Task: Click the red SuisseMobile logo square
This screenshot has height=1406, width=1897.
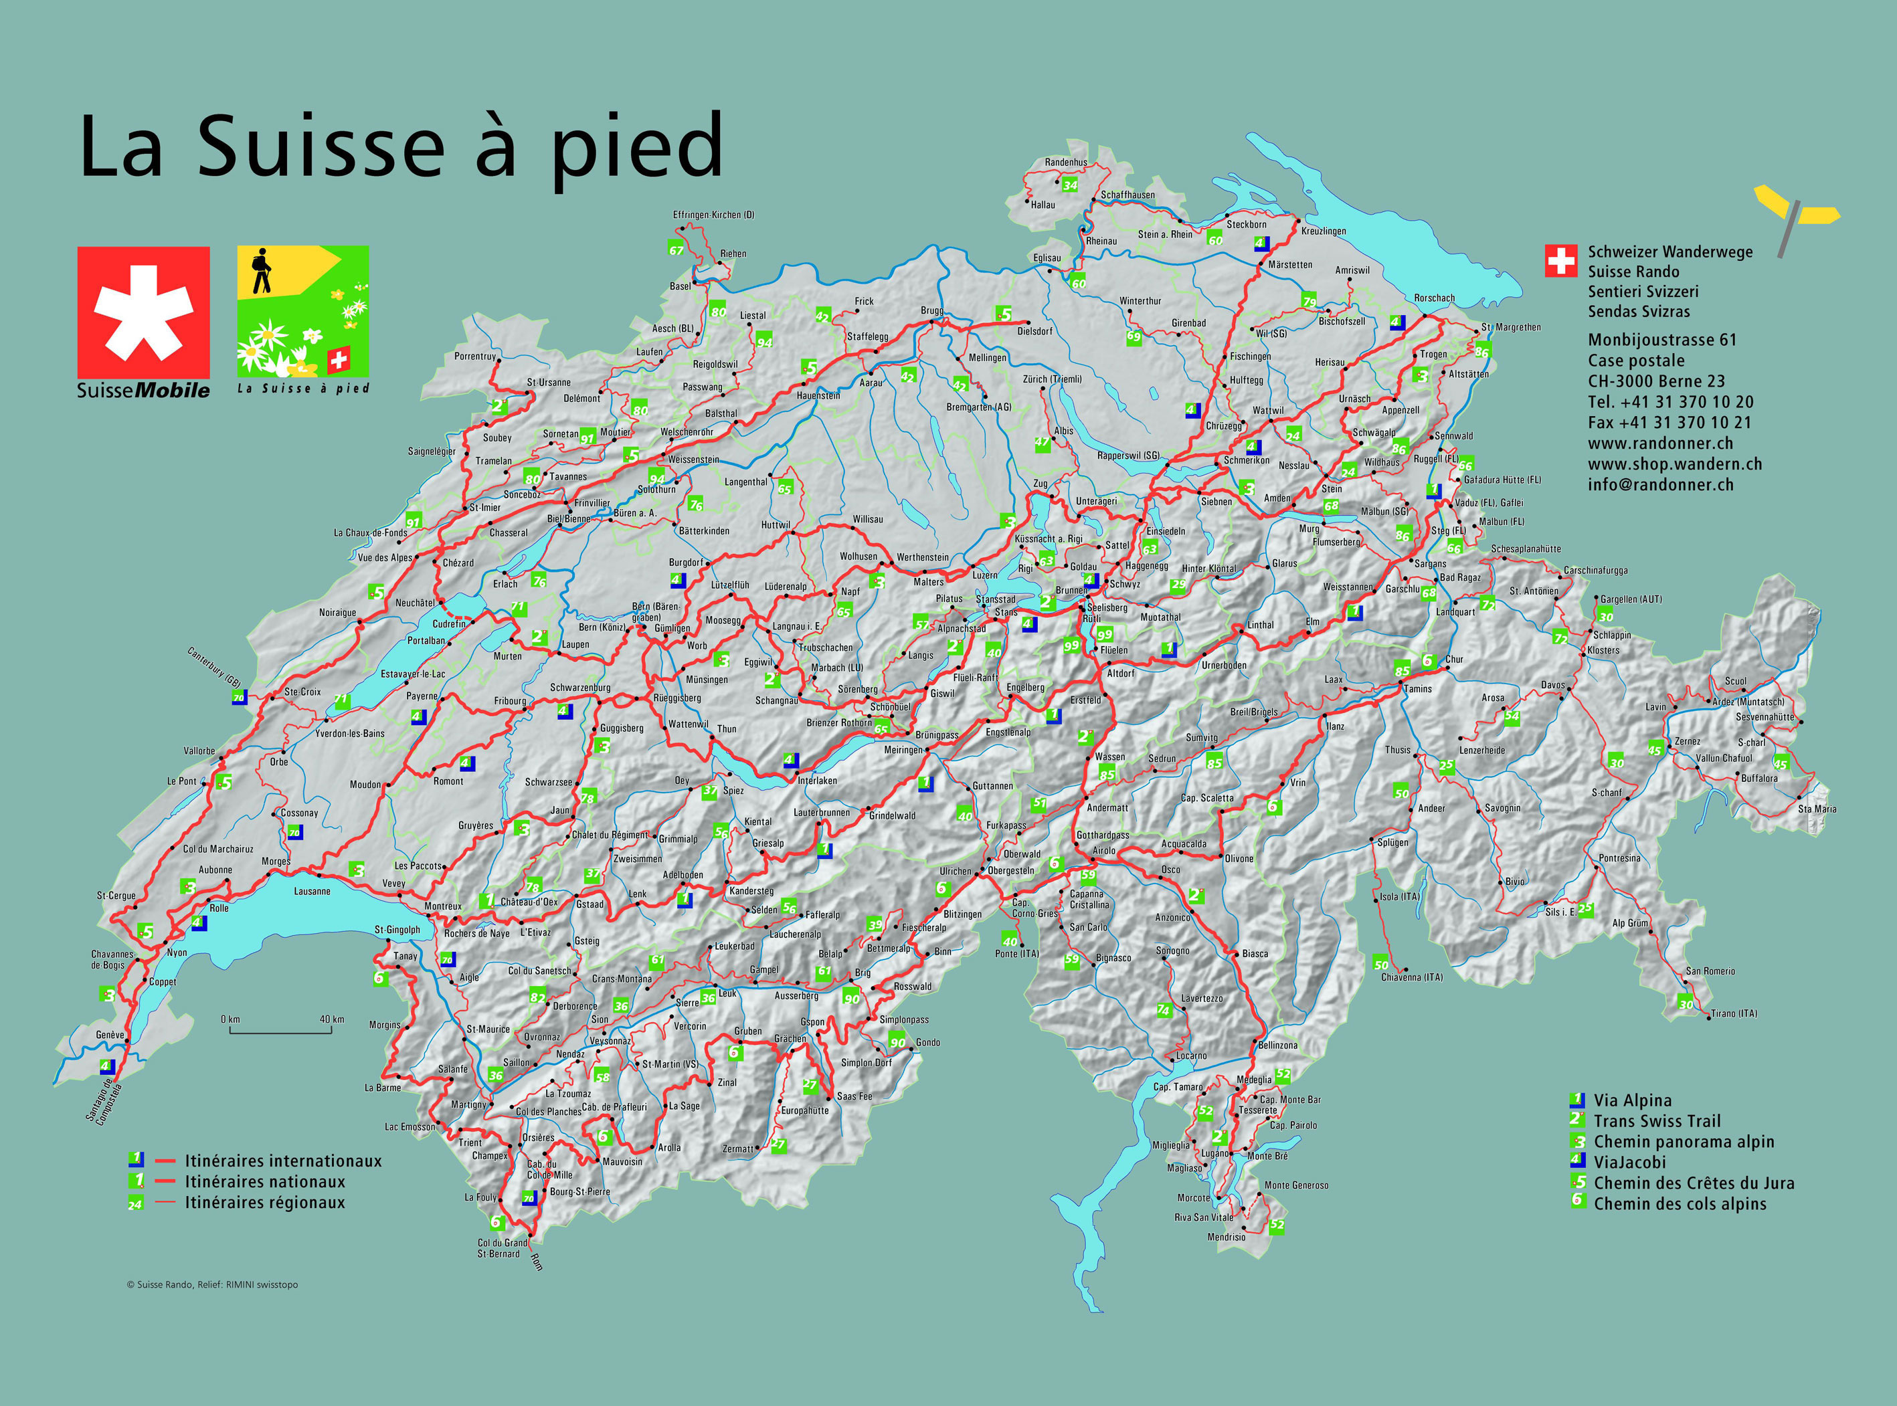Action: pyautogui.click(x=143, y=312)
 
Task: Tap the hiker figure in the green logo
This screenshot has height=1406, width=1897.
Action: pyautogui.click(x=260, y=271)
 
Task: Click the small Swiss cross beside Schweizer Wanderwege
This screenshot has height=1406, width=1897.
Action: pyautogui.click(x=1560, y=262)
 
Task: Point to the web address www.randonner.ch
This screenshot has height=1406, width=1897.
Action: pyautogui.click(x=1659, y=443)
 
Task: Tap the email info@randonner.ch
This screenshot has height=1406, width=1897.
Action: pyautogui.click(x=1659, y=485)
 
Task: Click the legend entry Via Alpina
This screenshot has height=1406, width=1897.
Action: pyautogui.click(x=1631, y=1100)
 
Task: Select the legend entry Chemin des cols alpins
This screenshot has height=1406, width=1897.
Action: pyautogui.click(x=1679, y=1203)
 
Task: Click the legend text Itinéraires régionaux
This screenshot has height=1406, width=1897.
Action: pyautogui.click(x=265, y=1203)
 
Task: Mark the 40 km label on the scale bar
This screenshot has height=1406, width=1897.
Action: pyautogui.click(x=331, y=1019)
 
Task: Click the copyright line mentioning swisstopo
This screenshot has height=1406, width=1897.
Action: pyautogui.click(x=212, y=1284)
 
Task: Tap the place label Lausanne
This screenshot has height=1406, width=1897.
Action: pyautogui.click(x=312, y=891)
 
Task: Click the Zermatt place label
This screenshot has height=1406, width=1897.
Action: pyautogui.click(x=737, y=1149)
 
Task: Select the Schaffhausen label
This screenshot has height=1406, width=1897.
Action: pyautogui.click(x=1127, y=195)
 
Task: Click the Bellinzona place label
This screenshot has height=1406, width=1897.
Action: pyautogui.click(x=1277, y=1045)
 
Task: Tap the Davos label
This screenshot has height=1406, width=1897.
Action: pyautogui.click(x=1552, y=685)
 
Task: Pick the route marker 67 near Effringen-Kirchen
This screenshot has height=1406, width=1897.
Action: pyautogui.click(x=676, y=249)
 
